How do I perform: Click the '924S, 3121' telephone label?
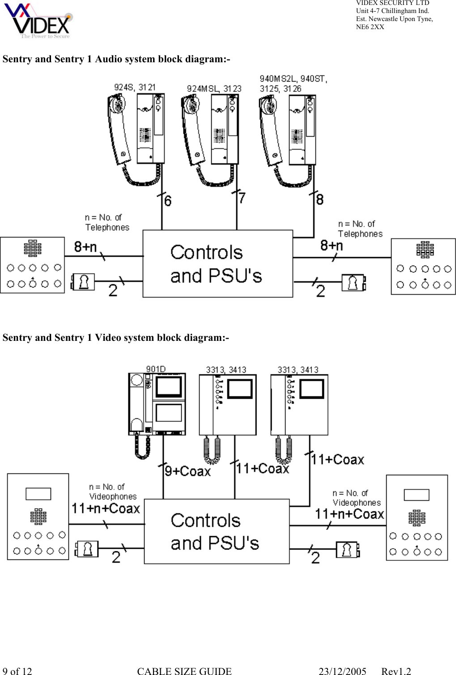134,87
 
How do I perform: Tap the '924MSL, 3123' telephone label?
214,89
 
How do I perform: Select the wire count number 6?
168,201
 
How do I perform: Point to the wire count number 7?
242,198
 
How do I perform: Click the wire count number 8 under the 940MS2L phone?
320,199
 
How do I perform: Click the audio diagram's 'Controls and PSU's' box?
217,264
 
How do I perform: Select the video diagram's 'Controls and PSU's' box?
217,531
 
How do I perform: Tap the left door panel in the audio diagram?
32,265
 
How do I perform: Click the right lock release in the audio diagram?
354,283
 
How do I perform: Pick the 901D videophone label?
156,369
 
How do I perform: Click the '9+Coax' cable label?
188,471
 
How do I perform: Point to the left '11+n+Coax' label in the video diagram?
106,508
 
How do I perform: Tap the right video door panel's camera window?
416,495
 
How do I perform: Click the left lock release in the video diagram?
87,549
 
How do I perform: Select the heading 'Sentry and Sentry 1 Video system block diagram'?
115,337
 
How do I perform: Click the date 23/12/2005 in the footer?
342,671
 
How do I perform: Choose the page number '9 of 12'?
17,671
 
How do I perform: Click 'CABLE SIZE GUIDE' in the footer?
184,671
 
